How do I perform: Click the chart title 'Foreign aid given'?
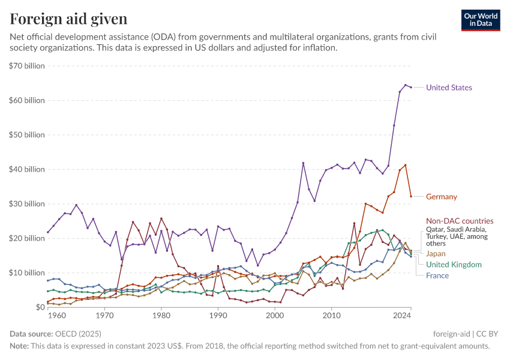point(68,19)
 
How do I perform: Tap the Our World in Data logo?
point(481,20)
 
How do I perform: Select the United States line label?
point(449,88)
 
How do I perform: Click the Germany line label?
point(441,197)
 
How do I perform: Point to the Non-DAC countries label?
point(459,221)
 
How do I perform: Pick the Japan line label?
point(436,254)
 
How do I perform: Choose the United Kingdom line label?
point(453,265)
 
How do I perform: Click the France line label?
point(437,275)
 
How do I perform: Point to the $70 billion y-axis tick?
point(28,66)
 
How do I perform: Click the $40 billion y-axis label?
point(28,169)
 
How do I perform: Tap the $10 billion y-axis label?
point(28,272)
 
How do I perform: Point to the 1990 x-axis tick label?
point(218,315)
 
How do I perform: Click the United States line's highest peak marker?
point(406,85)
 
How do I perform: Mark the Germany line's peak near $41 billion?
point(406,165)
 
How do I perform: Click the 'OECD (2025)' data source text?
point(79,334)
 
